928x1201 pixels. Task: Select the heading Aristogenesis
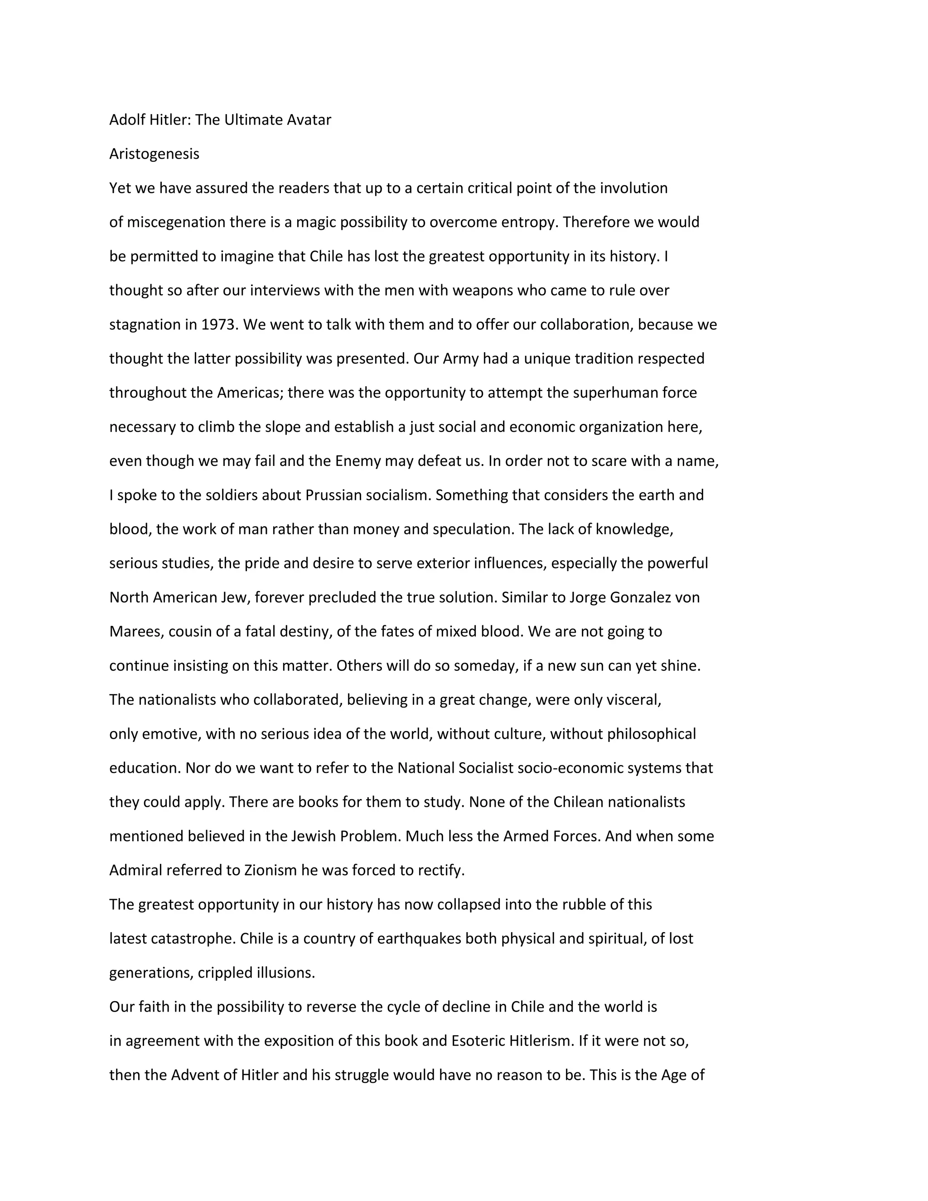(154, 154)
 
